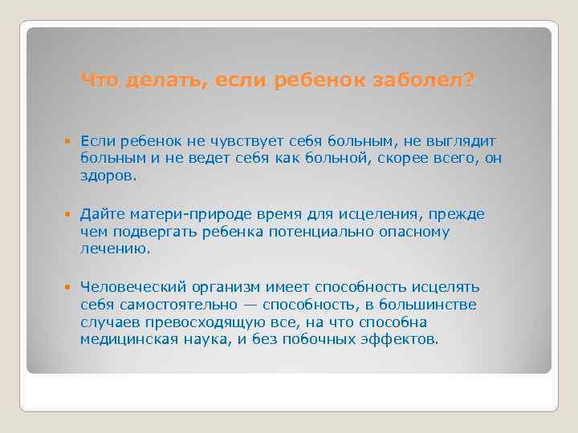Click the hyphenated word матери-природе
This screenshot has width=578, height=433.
point(178,215)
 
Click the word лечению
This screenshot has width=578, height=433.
point(115,249)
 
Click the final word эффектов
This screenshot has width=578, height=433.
point(409,339)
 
